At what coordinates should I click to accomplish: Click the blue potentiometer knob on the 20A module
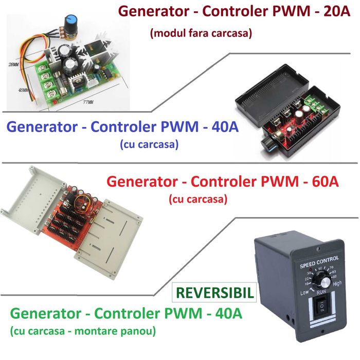coord(69,22)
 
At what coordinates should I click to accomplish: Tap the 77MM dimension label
coord(88,103)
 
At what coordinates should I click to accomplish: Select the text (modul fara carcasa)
coord(201,34)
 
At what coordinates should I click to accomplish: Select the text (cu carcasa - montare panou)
coord(82,330)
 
